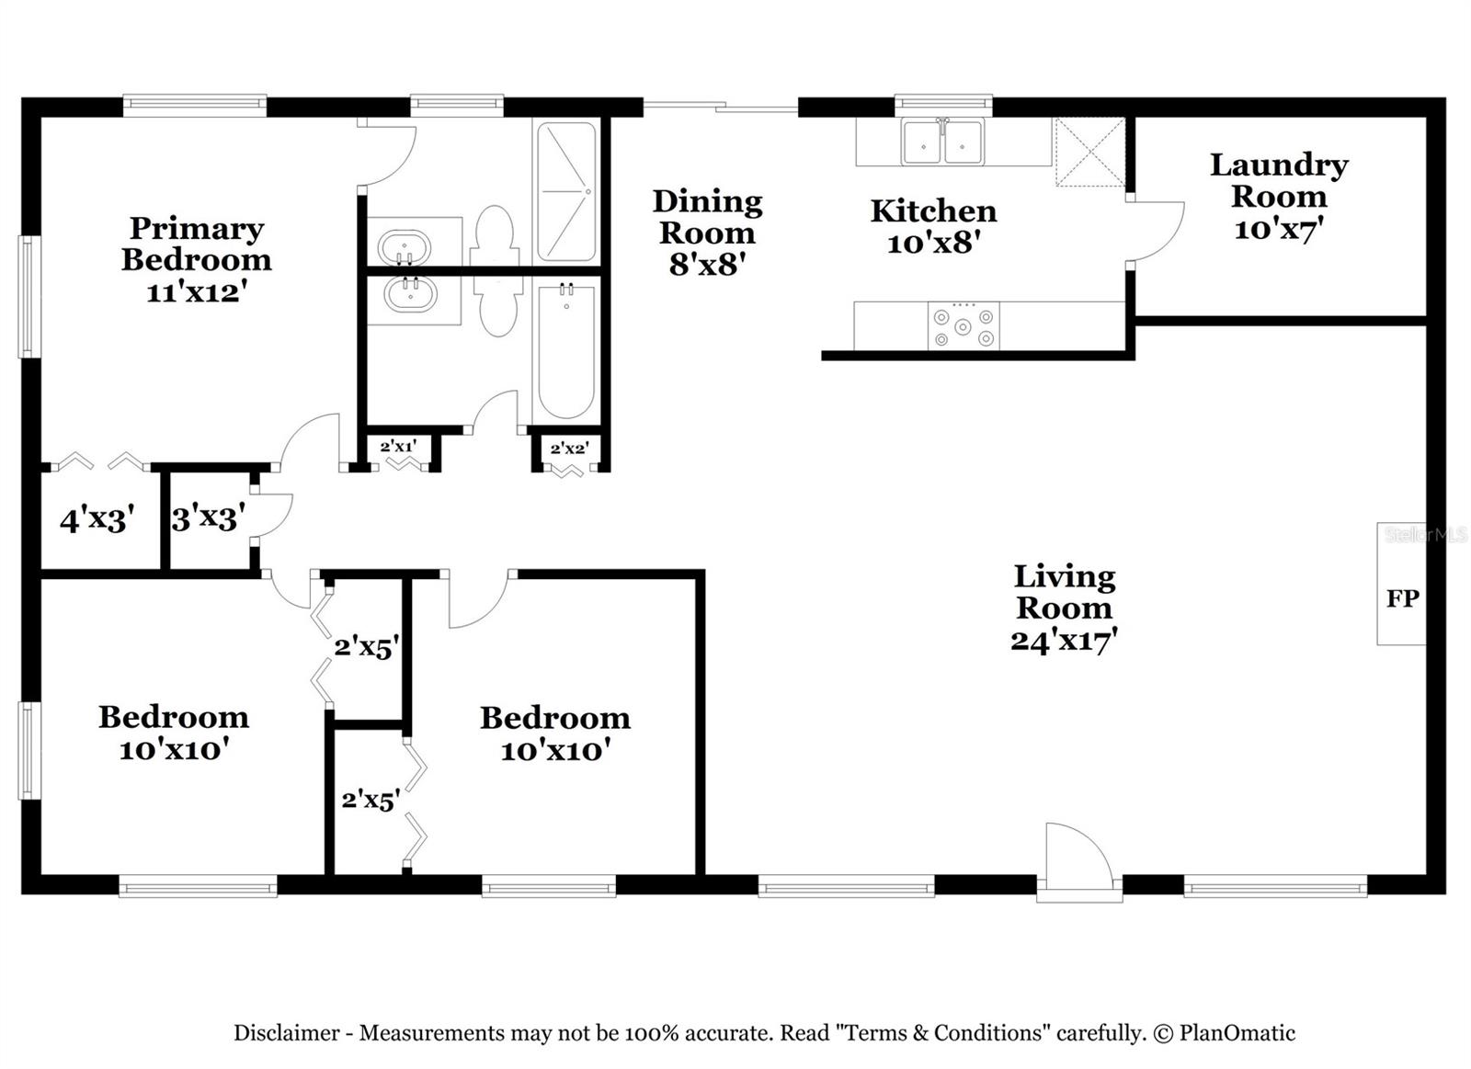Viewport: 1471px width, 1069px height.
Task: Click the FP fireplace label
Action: (1402, 598)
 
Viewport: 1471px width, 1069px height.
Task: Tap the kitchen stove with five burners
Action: (963, 326)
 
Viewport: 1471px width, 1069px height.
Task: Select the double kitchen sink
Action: (942, 142)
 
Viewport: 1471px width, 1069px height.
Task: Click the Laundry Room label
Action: (1278, 180)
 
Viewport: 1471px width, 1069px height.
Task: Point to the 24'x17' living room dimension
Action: (1064, 640)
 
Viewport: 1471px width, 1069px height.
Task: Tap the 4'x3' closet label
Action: (97, 520)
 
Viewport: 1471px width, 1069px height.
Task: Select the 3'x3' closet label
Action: (208, 518)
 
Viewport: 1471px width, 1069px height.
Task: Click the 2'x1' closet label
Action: (398, 447)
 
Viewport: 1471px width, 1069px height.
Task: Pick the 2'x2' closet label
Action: (568, 449)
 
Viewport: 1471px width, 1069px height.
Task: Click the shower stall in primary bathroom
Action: (565, 192)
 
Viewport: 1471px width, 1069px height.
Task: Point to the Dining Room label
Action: (707, 217)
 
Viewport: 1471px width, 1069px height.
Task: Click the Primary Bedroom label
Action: (196, 244)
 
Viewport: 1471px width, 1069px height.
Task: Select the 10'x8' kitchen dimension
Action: (932, 244)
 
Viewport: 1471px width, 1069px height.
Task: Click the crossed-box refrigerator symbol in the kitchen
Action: (1089, 152)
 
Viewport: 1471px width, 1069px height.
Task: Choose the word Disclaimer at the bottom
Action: (286, 1033)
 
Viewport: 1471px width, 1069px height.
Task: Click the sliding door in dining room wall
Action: (720, 108)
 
